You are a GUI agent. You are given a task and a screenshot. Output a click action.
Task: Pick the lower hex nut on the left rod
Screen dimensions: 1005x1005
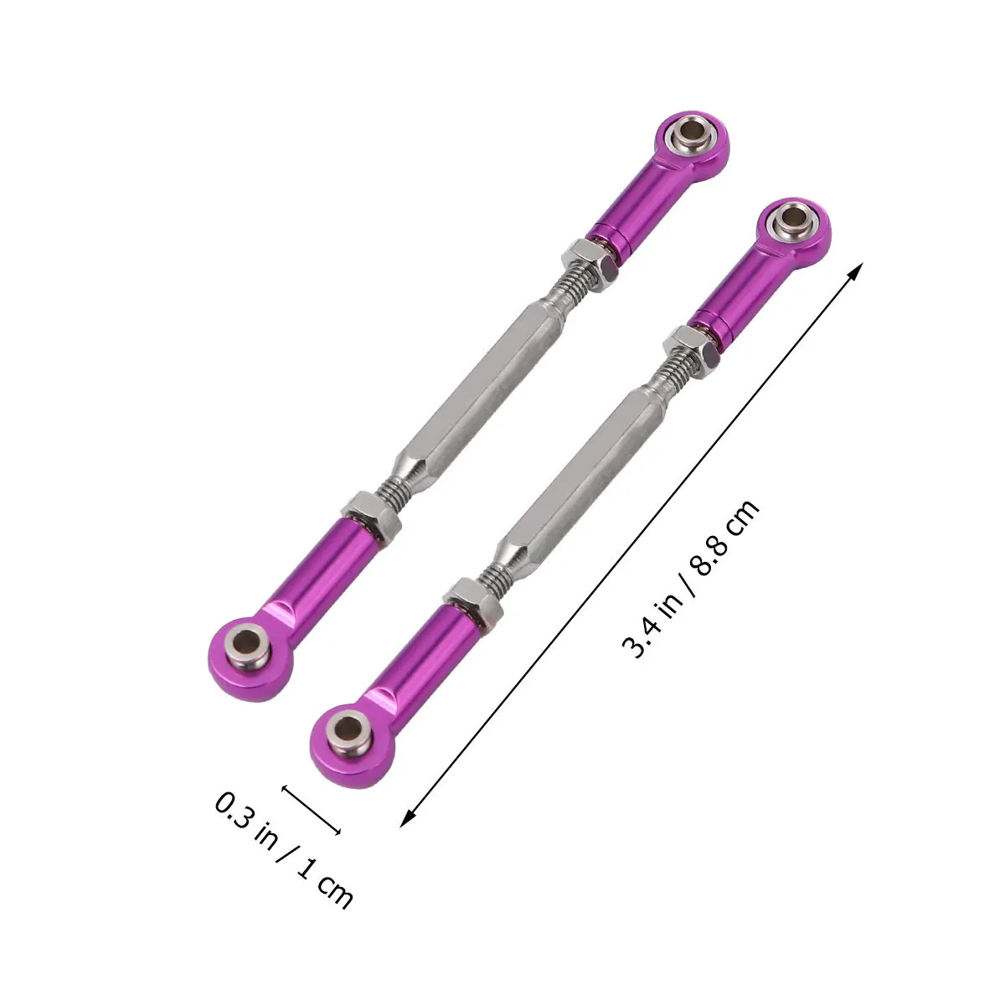pyautogui.click(x=371, y=518)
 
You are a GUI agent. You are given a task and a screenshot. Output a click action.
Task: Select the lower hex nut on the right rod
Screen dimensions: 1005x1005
pyautogui.click(x=473, y=605)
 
